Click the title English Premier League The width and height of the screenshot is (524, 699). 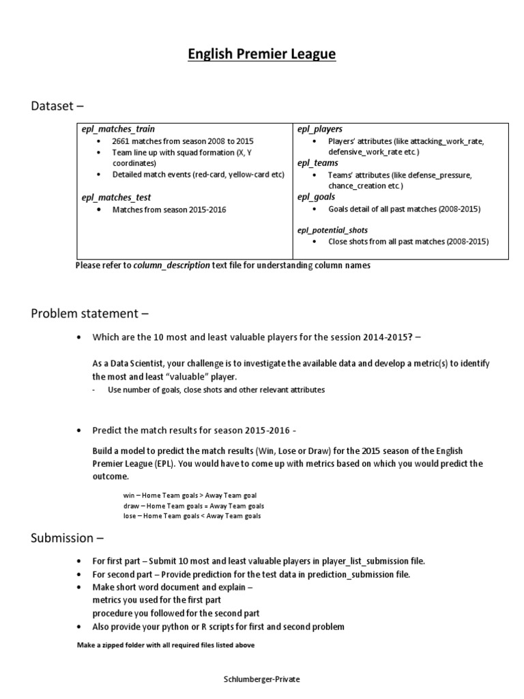click(262, 54)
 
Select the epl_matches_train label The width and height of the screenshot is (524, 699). click(118, 129)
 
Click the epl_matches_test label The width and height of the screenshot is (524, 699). click(116, 197)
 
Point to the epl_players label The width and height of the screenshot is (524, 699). click(320, 129)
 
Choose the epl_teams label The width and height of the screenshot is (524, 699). click(318, 163)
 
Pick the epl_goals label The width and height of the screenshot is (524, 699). click(317, 197)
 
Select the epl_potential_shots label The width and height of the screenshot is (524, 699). click(332, 230)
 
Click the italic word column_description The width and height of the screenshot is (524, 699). click(171, 266)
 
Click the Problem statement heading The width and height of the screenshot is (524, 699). click(89, 313)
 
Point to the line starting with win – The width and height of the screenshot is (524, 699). click(190, 495)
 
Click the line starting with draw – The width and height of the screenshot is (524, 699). click(193, 506)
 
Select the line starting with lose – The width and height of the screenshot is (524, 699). click(192, 516)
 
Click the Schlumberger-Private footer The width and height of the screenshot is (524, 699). click(262, 680)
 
